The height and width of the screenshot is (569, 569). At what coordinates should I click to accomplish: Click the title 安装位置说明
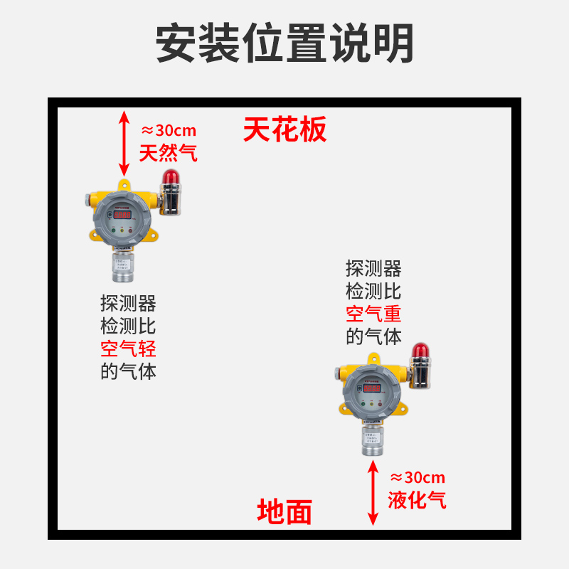(x=284, y=43)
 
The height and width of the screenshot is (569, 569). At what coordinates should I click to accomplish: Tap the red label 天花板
(x=284, y=130)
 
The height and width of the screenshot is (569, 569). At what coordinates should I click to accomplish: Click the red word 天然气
(x=168, y=153)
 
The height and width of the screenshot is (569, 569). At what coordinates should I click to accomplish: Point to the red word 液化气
(x=418, y=499)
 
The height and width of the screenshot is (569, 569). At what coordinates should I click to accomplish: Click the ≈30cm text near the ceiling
(x=169, y=131)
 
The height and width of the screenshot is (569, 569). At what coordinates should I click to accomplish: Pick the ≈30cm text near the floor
(x=418, y=477)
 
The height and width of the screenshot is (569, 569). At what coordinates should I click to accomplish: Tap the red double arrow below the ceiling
(x=124, y=143)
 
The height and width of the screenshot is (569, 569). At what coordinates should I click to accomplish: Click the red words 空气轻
(x=128, y=349)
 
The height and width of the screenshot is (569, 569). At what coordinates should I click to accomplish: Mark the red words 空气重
(x=374, y=313)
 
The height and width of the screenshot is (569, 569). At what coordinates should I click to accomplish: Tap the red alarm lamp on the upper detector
(x=169, y=178)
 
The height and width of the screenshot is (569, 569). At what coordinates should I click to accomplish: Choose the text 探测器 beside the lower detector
(x=374, y=268)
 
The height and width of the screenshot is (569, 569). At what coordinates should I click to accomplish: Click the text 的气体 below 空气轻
(x=128, y=371)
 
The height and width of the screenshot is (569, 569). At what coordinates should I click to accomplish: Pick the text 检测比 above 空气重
(x=374, y=291)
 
